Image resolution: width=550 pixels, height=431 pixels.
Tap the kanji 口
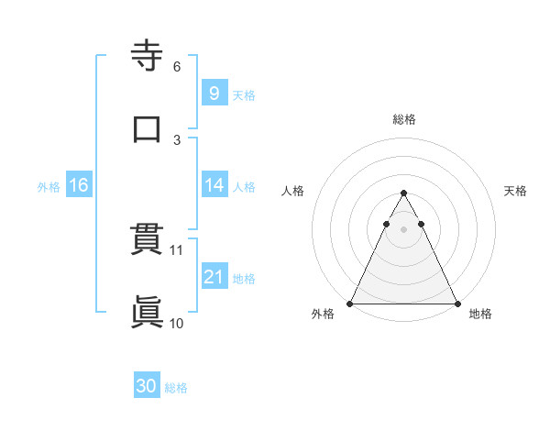tap(148, 128)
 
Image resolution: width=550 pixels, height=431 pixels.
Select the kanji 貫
tap(148, 240)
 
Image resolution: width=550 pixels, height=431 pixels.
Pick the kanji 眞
tap(148, 312)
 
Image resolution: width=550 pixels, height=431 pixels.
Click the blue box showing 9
tap(214, 93)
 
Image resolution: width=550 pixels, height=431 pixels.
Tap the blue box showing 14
tap(214, 185)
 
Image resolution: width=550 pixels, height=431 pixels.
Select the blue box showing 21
tap(214, 277)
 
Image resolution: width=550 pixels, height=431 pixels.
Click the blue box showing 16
tap(79, 185)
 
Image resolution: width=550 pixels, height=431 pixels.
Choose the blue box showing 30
tap(147, 386)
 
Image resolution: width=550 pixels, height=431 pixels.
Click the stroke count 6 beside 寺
tap(176, 67)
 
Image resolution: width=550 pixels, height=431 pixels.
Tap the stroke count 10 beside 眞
tap(177, 323)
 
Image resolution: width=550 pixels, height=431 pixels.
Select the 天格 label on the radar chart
tap(515, 191)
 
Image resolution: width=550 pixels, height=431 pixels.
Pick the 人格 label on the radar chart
tap(291, 191)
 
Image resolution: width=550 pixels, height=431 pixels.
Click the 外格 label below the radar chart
tap(323, 315)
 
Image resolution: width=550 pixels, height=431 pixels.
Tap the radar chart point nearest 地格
tap(456, 303)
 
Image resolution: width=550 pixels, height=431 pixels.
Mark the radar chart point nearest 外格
tap(350, 303)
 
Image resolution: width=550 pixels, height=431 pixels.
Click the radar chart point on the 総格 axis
tap(403, 193)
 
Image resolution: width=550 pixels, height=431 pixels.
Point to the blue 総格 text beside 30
tap(176, 388)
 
